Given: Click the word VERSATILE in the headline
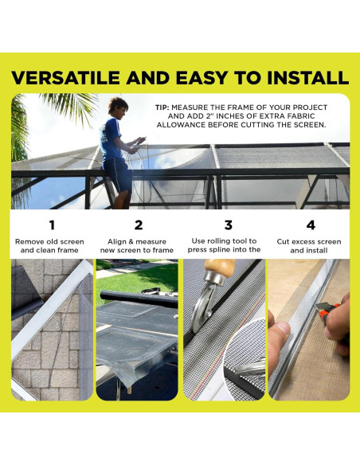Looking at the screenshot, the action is [65, 78].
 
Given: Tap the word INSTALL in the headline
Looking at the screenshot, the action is [307, 78].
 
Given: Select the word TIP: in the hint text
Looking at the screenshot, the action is [162, 107].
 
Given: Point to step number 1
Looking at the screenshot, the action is [53, 225].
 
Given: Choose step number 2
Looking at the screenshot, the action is [139, 225].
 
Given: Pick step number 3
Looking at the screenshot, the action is [228, 225].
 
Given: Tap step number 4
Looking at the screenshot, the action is [311, 225].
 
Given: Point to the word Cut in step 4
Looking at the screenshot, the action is [283, 242].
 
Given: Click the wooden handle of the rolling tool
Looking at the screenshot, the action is [220, 265].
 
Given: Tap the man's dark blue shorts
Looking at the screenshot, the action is [117, 175].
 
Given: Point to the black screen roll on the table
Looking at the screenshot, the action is [139, 299].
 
